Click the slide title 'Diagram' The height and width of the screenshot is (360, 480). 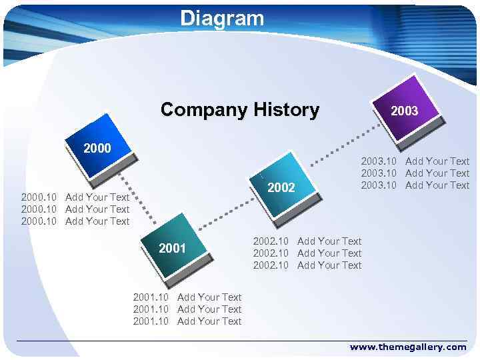222,18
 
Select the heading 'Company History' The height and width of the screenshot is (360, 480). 239,109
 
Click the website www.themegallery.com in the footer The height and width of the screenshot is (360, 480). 408,347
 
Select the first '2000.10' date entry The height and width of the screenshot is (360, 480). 39,197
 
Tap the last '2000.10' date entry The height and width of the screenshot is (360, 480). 39,221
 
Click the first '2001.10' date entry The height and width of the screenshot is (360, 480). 151,297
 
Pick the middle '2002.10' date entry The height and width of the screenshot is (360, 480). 271,253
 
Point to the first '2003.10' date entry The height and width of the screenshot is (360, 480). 379,161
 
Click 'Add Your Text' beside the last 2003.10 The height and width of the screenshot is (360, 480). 437,185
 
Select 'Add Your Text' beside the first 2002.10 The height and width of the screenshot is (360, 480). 329,241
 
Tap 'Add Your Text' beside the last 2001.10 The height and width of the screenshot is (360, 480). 209,321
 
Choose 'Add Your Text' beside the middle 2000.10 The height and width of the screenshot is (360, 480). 97,209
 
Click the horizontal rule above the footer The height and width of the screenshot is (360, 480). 240,341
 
